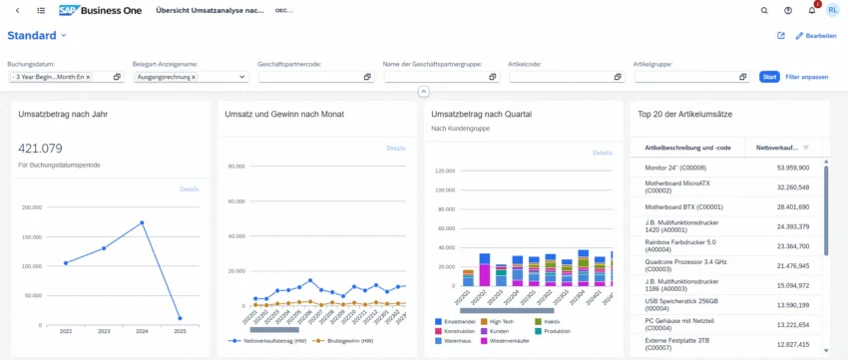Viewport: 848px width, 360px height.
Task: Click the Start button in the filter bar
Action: click(x=769, y=77)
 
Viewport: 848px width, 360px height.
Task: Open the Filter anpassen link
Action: click(x=806, y=77)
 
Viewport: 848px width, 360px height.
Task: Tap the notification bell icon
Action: click(x=812, y=10)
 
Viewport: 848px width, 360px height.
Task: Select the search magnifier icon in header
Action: click(x=764, y=10)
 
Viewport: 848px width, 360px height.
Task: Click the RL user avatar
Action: click(x=833, y=10)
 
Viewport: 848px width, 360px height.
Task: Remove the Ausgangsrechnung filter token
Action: click(x=194, y=77)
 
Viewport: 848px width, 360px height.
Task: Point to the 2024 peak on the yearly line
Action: click(x=143, y=222)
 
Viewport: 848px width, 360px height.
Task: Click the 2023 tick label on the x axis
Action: click(x=104, y=330)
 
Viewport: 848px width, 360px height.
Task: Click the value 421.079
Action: click(x=40, y=149)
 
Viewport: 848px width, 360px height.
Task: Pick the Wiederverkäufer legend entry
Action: click(x=510, y=341)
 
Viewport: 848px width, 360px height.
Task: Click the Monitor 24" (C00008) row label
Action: click(x=677, y=169)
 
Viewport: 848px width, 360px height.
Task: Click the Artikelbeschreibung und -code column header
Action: click(x=688, y=148)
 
